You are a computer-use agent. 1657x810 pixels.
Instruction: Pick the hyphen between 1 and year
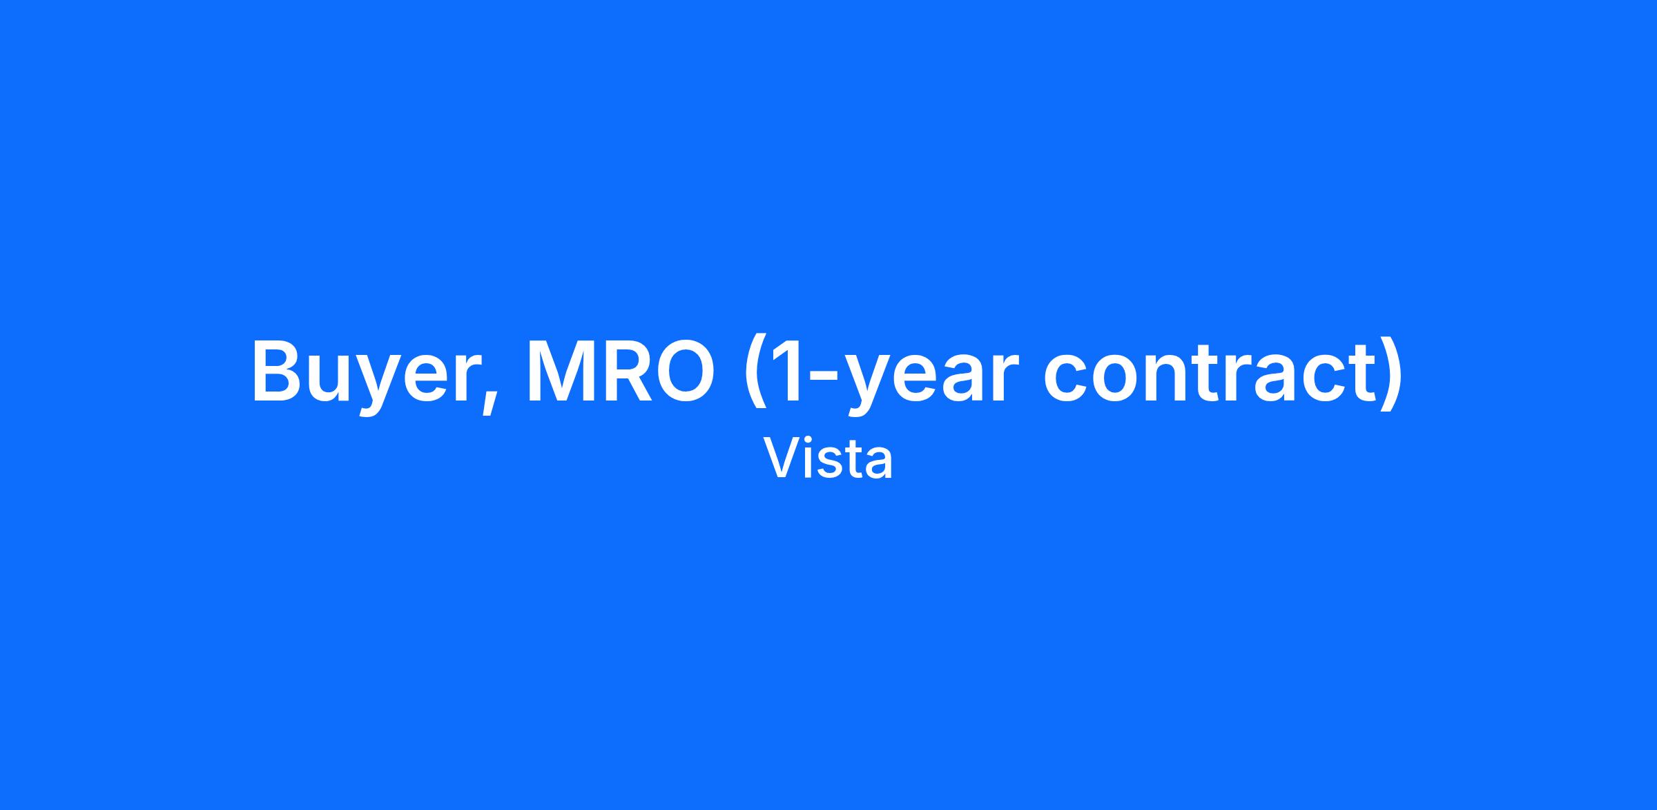pyautogui.click(x=824, y=378)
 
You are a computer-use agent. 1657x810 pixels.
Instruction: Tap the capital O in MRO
pyautogui.click(x=684, y=371)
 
